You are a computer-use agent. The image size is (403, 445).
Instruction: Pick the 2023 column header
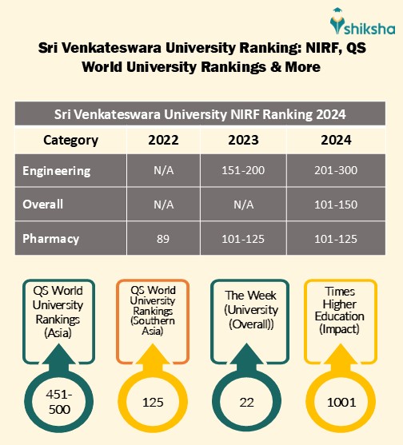click(x=243, y=141)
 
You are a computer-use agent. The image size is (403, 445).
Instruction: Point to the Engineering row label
click(x=57, y=171)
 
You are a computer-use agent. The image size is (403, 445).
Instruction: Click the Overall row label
click(x=43, y=204)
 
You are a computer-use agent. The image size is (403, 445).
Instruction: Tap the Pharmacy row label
click(x=51, y=238)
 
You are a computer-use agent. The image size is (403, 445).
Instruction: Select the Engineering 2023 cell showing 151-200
click(x=243, y=171)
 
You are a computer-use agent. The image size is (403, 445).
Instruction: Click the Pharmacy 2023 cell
click(x=243, y=238)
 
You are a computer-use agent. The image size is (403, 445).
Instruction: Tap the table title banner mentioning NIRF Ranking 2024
click(x=201, y=113)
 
